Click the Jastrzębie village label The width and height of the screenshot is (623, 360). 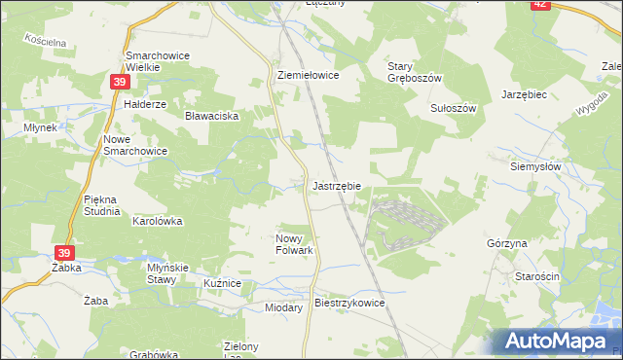tap(337, 185)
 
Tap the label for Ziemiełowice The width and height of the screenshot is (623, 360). tap(307, 74)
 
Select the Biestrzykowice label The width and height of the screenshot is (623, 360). tap(349, 303)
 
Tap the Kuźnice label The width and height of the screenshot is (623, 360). tap(223, 283)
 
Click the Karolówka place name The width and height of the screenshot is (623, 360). tap(158, 221)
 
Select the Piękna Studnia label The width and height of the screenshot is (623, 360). tap(101, 204)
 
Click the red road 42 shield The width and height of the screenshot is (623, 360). tap(540, 5)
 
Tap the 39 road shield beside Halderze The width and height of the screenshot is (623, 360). tap(119, 84)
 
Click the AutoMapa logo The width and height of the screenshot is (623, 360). tap(552, 342)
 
